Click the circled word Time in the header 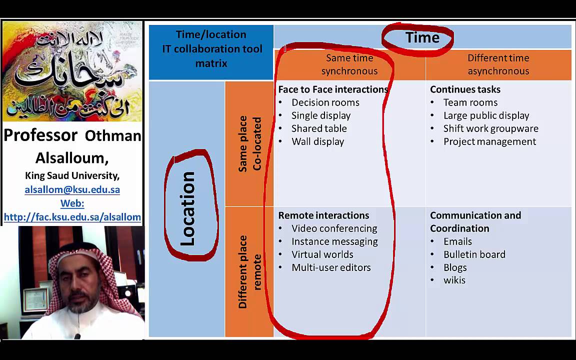coord(422,37)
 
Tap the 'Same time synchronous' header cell coord(349,64)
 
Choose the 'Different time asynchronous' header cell coord(498,64)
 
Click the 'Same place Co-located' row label coord(249,144)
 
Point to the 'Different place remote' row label coord(249,271)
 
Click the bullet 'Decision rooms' coord(325,102)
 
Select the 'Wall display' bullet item coord(317,141)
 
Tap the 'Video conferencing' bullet coord(334,228)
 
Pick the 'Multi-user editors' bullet coord(331,267)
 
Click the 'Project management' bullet coord(489,141)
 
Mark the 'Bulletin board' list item coord(474,254)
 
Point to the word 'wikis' coord(454,280)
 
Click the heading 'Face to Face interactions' coord(333,89)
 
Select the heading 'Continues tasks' coord(465,89)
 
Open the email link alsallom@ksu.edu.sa coord(72,189)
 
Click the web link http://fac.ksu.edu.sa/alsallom coord(72,217)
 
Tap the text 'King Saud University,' coord(72,175)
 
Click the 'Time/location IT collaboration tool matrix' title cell coord(211,49)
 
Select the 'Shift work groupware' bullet coord(490,128)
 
